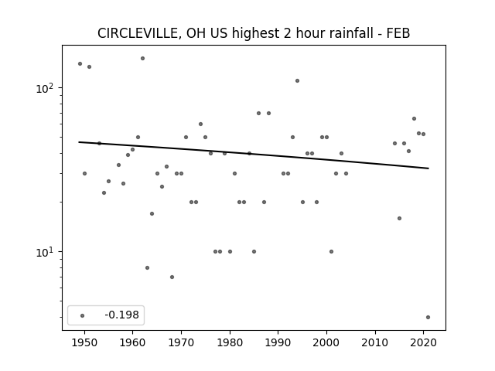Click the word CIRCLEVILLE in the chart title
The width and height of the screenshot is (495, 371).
pos(138,33)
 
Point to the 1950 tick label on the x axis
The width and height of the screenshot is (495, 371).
pos(84,342)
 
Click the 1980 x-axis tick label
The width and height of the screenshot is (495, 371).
pos(230,342)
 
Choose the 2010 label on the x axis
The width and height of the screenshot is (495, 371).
pos(375,342)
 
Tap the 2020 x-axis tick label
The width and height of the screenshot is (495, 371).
pos(424,342)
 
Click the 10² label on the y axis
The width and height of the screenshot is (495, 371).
pos(44,88)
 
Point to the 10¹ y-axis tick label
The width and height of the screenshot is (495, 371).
pos(44,252)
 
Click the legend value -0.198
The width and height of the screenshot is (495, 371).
pos(122,315)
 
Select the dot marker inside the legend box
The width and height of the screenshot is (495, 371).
pos(83,315)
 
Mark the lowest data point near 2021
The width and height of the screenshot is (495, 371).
pos(428,318)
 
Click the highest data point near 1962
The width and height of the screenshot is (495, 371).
pos(142,59)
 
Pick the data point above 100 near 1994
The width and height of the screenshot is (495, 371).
pos(297,80)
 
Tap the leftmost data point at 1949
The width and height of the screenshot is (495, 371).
pos(80,63)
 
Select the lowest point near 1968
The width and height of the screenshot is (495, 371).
pos(172,277)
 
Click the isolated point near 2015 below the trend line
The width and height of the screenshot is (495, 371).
pos(399,218)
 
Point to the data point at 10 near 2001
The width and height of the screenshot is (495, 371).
pos(332,251)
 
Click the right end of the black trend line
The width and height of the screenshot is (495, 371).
pos(428,168)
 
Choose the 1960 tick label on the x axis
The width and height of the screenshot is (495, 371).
pos(132,342)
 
